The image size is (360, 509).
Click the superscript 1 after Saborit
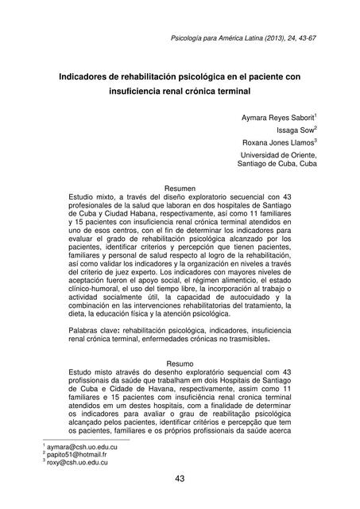pyautogui.click(x=316, y=115)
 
